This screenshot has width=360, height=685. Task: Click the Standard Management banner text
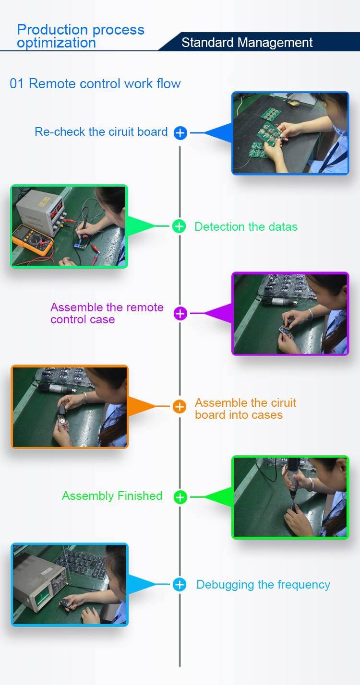point(247,43)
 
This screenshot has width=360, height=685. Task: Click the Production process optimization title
point(81,36)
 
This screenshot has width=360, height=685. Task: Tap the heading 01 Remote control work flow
point(95,83)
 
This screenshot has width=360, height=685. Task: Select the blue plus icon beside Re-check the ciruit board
point(180,133)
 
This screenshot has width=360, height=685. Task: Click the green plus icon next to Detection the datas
point(179,226)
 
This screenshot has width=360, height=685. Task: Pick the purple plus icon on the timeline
point(180,313)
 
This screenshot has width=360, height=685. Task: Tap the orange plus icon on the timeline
point(180,407)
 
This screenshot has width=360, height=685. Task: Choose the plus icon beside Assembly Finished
point(180,497)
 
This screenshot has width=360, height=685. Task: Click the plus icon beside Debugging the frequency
point(180,584)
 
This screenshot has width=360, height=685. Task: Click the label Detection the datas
point(246,226)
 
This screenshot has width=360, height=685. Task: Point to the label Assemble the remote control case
point(107,313)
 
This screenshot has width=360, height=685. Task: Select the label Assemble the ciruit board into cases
point(245,409)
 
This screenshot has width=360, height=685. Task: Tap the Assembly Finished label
point(112,496)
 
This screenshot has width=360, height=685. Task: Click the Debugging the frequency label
point(263,584)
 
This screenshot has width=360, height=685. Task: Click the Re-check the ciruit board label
point(101,132)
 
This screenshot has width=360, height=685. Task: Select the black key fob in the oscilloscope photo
point(66,603)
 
